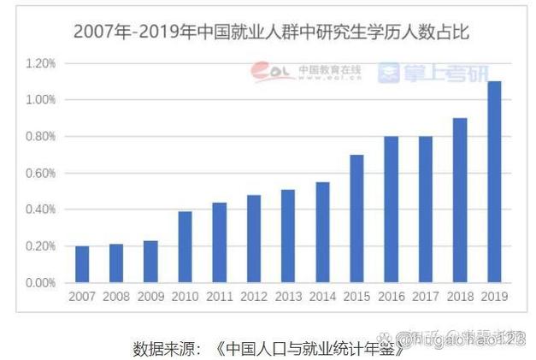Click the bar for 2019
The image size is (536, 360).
pos(493,181)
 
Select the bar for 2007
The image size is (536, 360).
pos(81,264)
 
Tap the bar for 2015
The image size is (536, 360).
pos(356,218)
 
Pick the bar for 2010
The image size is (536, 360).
pos(185,246)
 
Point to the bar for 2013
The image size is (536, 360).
pos(287,235)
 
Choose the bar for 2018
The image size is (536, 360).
pos(459,200)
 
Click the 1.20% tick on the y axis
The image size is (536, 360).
pos(40,63)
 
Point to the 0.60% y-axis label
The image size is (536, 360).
pos(40,173)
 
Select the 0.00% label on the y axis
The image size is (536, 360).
pos(40,282)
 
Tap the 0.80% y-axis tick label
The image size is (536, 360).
pos(40,137)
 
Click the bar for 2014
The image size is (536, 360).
pos(321,232)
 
